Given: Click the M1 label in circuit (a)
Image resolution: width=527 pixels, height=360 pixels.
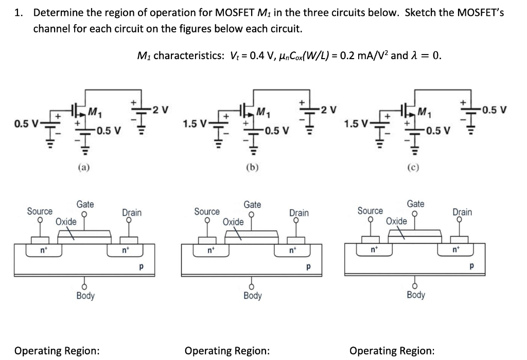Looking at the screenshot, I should pyautogui.click(x=94, y=110).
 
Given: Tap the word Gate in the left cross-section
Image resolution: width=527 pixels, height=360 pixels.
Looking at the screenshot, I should pyautogui.click(x=85, y=204).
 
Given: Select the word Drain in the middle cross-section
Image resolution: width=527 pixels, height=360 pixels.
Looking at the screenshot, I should pyautogui.click(x=298, y=212).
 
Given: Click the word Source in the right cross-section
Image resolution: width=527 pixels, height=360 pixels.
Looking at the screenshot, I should pyautogui.click(x=370, y=211).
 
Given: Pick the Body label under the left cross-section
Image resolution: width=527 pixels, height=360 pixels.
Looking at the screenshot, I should pyautogui.click(x=85, y=296).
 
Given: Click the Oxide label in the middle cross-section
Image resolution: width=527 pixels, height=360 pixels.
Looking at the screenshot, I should pyautogui.click(x=233, y=222).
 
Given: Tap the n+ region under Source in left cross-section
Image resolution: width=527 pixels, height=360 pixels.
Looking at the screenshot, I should pyautogui.click(x=43, y=251).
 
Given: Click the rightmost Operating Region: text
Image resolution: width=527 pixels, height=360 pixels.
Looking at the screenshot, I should pyautogui.click(x=392, y=351).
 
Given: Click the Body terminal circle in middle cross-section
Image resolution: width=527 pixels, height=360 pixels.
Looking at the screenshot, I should pyautogui.click(x=252, y=285).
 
